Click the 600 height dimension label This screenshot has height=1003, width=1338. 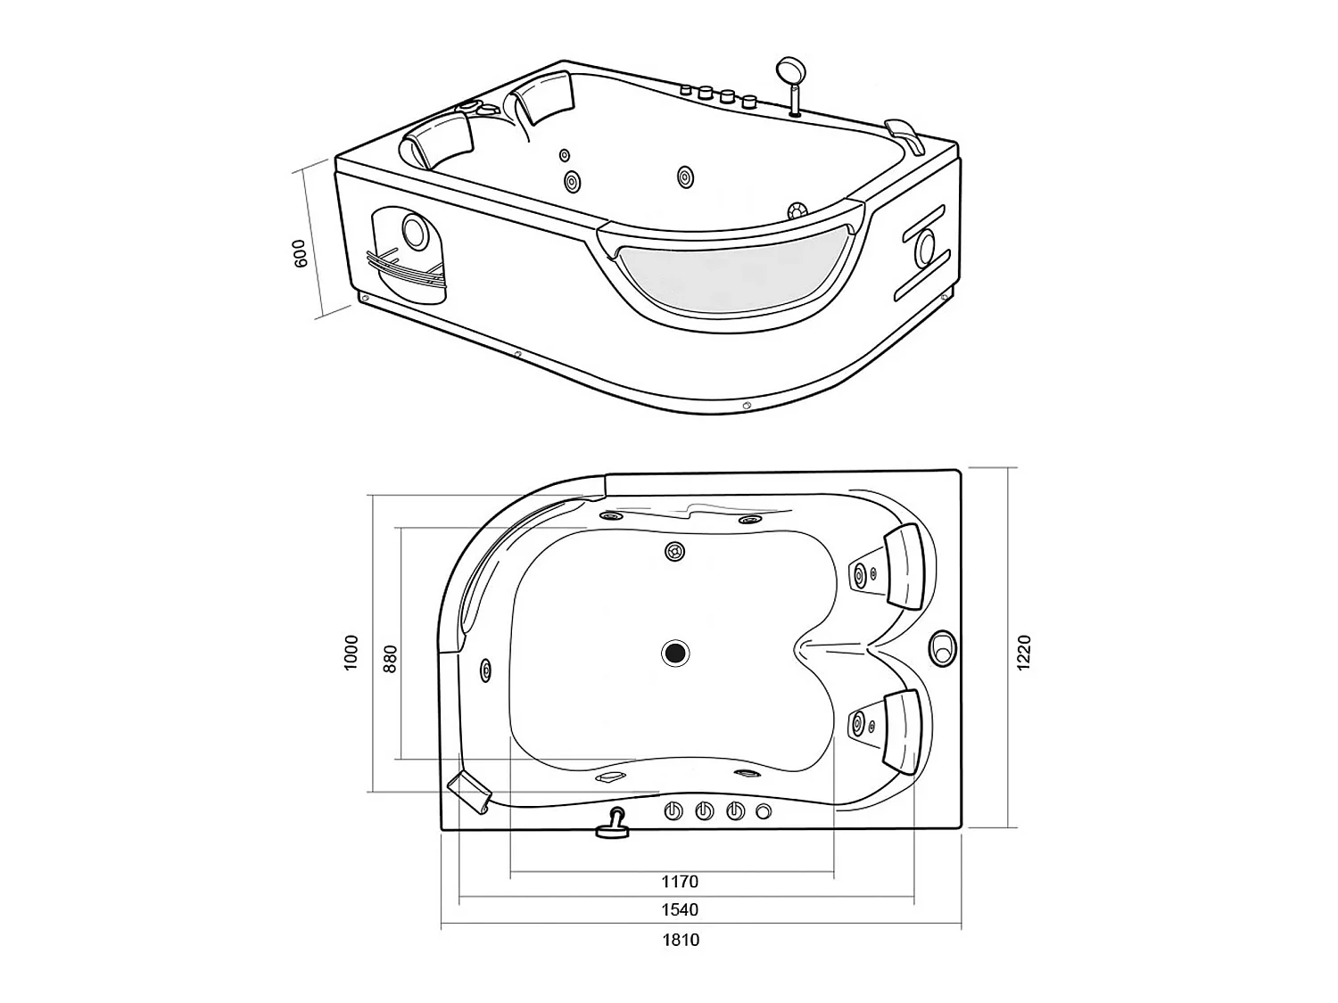tap(301, 253)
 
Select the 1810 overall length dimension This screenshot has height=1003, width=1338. tap(681, 939)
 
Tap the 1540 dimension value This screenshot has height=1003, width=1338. tap(680, 909)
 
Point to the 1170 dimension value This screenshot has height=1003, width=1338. tap(680, 881)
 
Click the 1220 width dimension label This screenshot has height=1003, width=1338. tap(1024, 653)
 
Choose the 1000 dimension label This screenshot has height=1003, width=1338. tap(351, 653)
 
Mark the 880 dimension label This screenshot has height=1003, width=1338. tap(389, 658)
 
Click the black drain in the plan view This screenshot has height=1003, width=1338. tap(675, 653)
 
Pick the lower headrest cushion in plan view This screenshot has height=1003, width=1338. tap(903, 728)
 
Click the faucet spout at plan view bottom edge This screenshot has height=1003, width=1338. tap(612, 825)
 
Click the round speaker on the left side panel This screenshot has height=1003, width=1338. tap(415, 231)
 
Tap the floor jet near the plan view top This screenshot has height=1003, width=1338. tap(675, 552)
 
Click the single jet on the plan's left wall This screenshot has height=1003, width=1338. tap(485, 670)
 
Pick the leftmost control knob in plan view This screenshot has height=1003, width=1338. tap(673, 811)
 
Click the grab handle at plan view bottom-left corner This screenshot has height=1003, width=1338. tap(470, 790)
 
